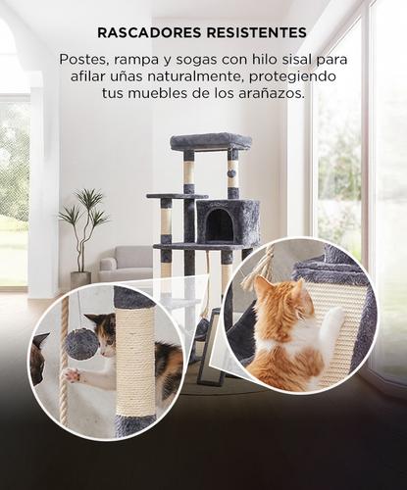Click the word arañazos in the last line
pyautogui.click(x=273, y=95)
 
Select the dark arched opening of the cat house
pyautogui.click(x=219, y=225)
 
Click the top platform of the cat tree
pyautogui.click(x=210, y=141)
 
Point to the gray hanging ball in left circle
pyautogui.click(x=82, y=343)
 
